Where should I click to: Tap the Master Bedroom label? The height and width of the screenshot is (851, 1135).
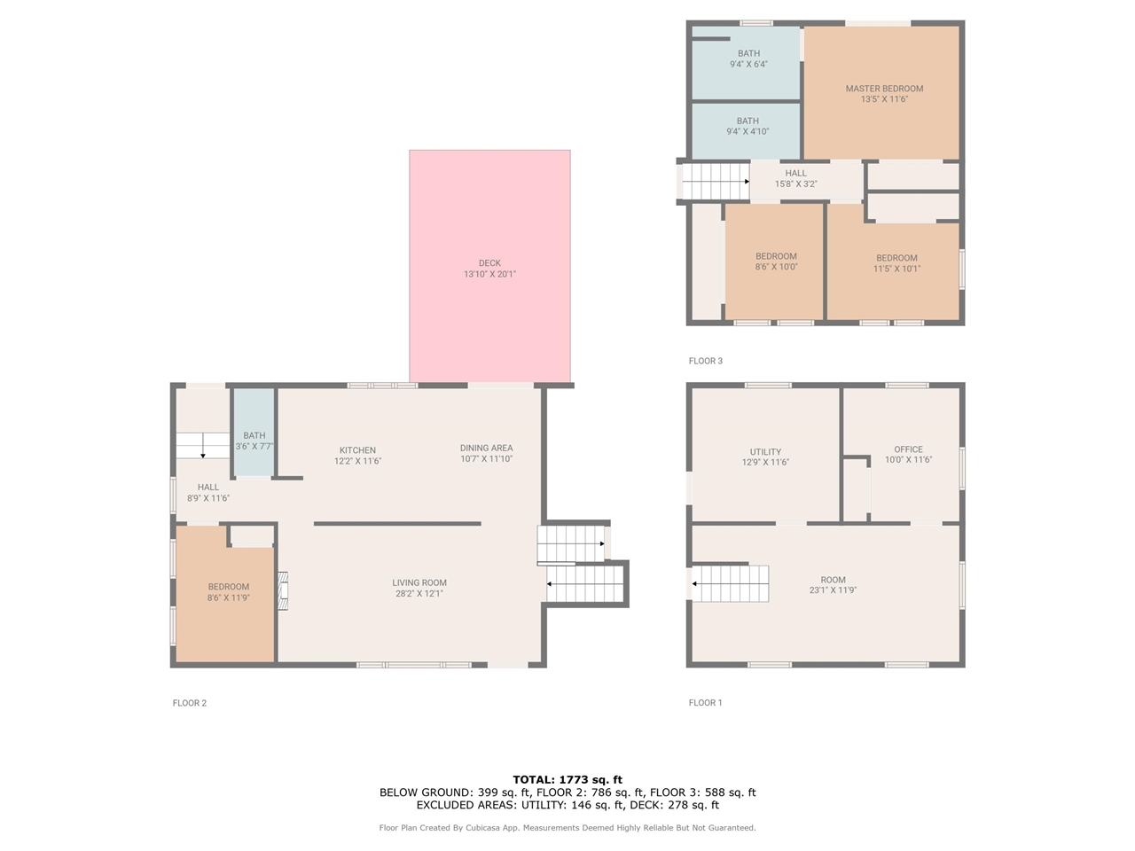click(884, 89)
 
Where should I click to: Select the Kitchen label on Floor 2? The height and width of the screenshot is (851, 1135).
click(357, 450)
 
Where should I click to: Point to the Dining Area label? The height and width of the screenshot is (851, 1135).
click(486, 448)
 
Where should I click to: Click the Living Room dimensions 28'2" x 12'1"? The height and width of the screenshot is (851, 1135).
click(419, 594)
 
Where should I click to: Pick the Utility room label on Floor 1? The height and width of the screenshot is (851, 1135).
click(765, 451)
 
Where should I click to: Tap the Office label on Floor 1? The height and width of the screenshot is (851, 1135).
click(908, 449)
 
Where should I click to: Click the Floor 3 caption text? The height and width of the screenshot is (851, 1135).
click(706, 361)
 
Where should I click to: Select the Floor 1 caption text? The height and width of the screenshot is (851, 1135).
click(706, 703)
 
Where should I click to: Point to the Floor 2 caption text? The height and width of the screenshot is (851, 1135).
click(190, 703)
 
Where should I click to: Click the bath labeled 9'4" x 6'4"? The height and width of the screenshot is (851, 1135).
click(748, 59)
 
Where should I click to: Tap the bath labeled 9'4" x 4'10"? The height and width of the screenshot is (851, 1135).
click(748, 126)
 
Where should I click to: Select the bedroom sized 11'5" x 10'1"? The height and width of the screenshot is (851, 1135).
click(896, 263)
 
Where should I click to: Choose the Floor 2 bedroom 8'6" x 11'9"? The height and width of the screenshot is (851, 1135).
click(229, 592)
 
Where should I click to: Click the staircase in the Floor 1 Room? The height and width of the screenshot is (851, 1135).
click(730, 583)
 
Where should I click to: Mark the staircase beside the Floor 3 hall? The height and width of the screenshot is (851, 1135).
click(715, 182)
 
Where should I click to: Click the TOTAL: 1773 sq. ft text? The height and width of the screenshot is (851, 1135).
click(567, 780)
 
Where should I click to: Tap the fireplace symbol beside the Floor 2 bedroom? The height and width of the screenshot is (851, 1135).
click(283, 591)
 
